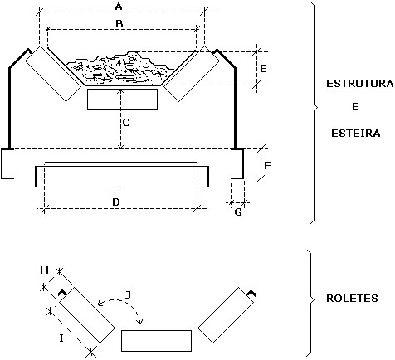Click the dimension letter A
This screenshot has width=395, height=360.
click(119, 7)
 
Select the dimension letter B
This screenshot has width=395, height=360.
click(119, 24)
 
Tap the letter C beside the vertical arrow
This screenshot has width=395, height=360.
click(126, 123)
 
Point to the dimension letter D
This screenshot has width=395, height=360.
click(116, 202)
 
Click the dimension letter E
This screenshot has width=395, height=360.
click(263, 68)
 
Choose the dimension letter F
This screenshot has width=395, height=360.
click(267, 165)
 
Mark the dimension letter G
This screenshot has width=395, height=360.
click(238, 212)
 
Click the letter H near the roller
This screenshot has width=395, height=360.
click(45, 270)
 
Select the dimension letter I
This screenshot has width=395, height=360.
click(61, 338)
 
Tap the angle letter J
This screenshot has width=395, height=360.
click(128, 295)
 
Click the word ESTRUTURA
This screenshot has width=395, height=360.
click(359, 84)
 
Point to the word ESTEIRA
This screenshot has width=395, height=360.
click(356, 134)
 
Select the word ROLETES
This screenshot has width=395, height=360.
click(352, 299)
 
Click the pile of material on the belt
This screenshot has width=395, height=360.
click(120, 69)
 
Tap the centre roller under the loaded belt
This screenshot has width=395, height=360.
click(122, 100)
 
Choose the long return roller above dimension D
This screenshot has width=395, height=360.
click(122, 177)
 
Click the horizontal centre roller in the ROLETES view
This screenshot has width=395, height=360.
click(156, 341)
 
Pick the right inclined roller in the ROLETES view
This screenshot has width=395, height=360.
click(226, 315)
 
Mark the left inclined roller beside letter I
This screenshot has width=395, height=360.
click(87, 315)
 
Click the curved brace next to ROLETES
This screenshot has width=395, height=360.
click(311, 303)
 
